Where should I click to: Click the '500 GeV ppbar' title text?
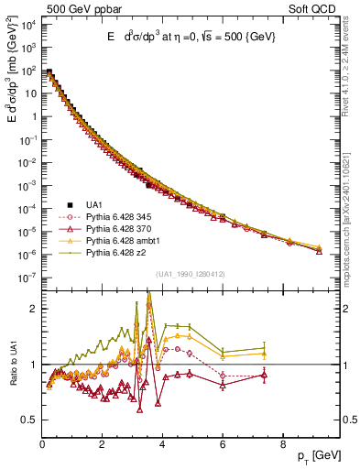coord(48,7)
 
